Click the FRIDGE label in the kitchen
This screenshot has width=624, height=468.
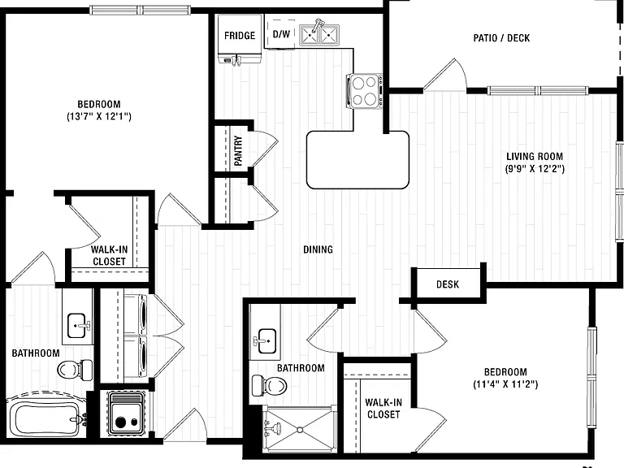coord(240,36)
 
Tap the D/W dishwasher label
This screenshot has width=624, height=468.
coord(281,34)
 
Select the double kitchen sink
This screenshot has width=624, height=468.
coord(319,35)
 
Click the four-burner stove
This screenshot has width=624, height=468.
coord(365,91)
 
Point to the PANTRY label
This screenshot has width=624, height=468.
coord(238,150)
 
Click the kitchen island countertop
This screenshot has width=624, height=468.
coord(357,159)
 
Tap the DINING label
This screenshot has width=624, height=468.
coord(318,249)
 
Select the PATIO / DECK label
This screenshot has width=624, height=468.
coord(501,38)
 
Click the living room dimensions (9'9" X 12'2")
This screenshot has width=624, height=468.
coord(535,169)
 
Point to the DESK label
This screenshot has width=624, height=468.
coord(448,284)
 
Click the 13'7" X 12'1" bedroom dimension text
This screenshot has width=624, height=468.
coord(99,117)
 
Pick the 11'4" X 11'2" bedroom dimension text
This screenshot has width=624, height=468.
coord(505,384)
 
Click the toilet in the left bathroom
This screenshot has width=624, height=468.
coord(75,369)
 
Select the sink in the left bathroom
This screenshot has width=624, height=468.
coord(77,326)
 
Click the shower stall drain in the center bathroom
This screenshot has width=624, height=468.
coord(299,429)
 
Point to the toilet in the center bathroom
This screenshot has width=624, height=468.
coord(269,385)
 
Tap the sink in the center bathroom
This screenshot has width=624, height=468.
coord(266,341)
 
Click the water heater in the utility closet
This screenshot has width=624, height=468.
coord(125,414)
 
